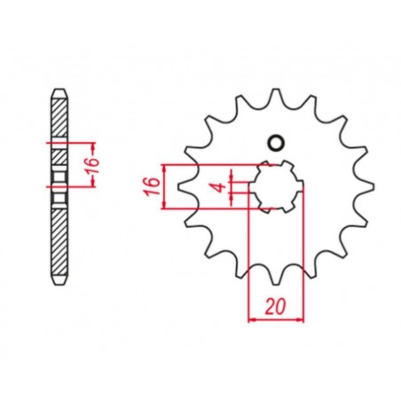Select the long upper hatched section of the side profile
[x=58, y=119]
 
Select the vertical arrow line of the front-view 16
[x=164, y=187]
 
